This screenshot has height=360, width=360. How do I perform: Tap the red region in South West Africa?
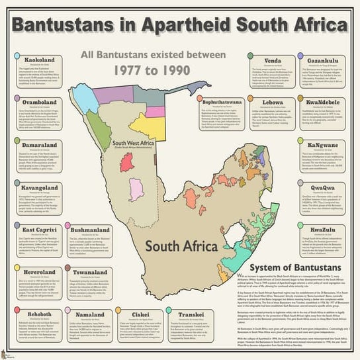(126, 163)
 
